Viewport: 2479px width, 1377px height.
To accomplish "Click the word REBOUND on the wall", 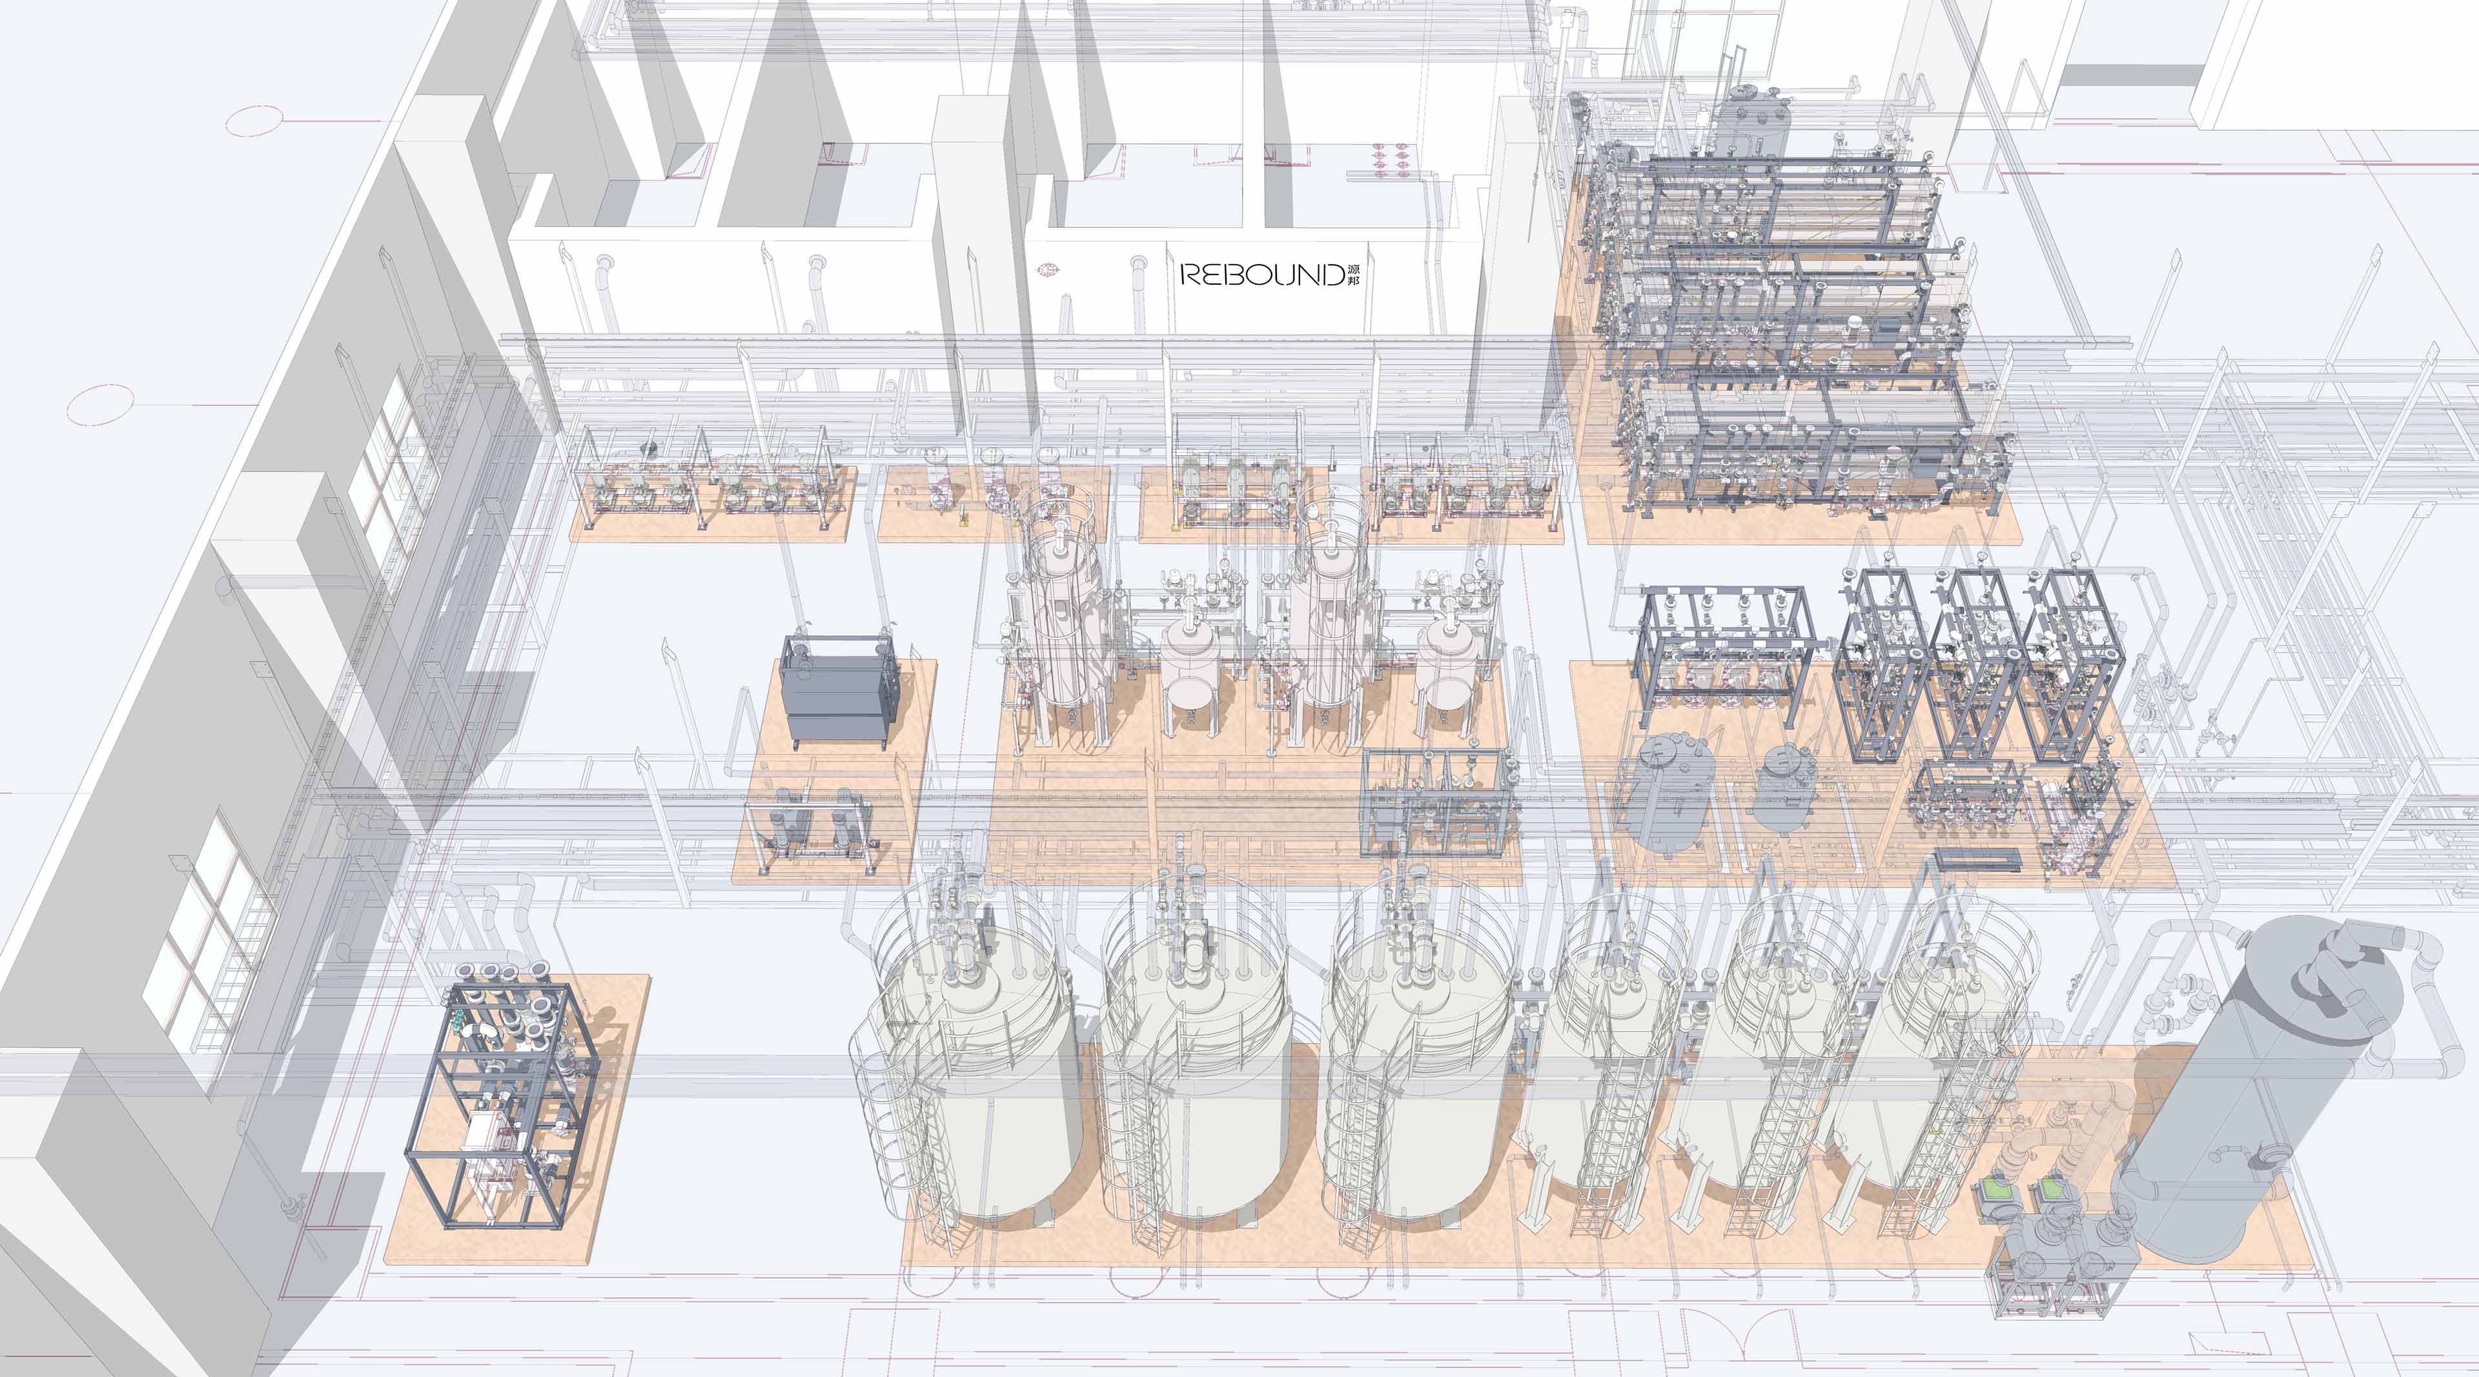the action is click(x=1261, y=275).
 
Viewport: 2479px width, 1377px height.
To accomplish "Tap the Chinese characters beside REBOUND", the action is click(x=1354, y=274).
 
